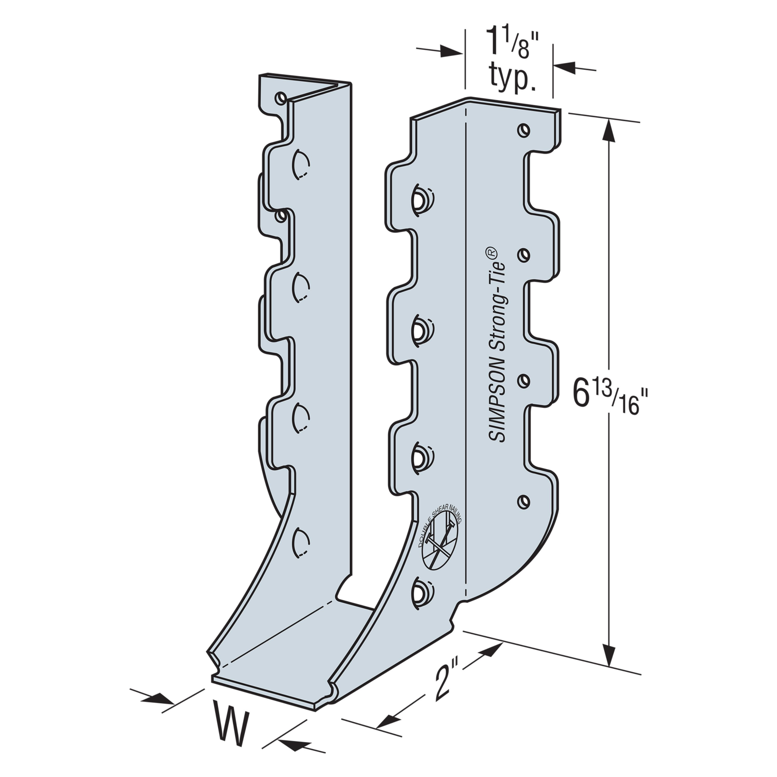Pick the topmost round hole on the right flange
pos(524,130)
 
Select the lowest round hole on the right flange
pos(524,502)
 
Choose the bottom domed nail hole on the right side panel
pos(422,593)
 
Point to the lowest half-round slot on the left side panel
pos(300,542)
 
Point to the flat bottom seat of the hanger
pos(291,651)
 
